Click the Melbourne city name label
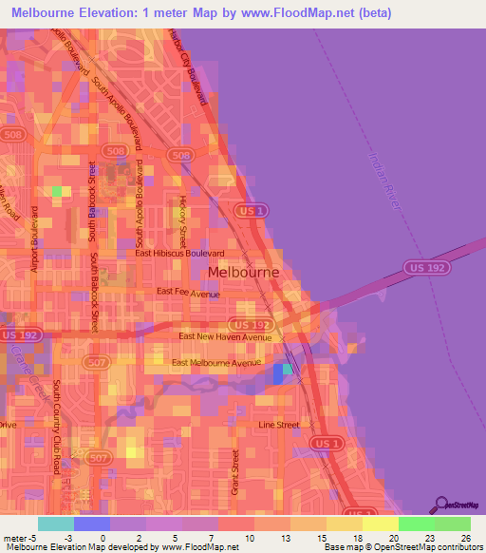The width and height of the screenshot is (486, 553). tap(243, 272)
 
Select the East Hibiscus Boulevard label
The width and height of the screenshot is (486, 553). tap(179, 254)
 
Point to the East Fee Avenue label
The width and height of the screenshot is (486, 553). tap(188, 293)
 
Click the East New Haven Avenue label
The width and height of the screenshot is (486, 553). tap(225, 337)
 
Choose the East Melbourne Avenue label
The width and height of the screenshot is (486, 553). tap(216, 363)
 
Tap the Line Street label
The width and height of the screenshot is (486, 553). tap(279, 425)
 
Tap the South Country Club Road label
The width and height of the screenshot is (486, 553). tap(57, 428)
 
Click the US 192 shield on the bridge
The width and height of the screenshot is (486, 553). tap(420, 269)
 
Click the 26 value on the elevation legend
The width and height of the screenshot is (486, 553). tap(464, 537)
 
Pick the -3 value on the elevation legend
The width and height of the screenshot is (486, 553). tap(55, 537)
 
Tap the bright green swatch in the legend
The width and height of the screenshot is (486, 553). tap(416, 524)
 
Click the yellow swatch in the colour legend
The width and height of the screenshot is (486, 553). tap(380, 524)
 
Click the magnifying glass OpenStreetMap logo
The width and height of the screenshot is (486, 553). tap(442, 505)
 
